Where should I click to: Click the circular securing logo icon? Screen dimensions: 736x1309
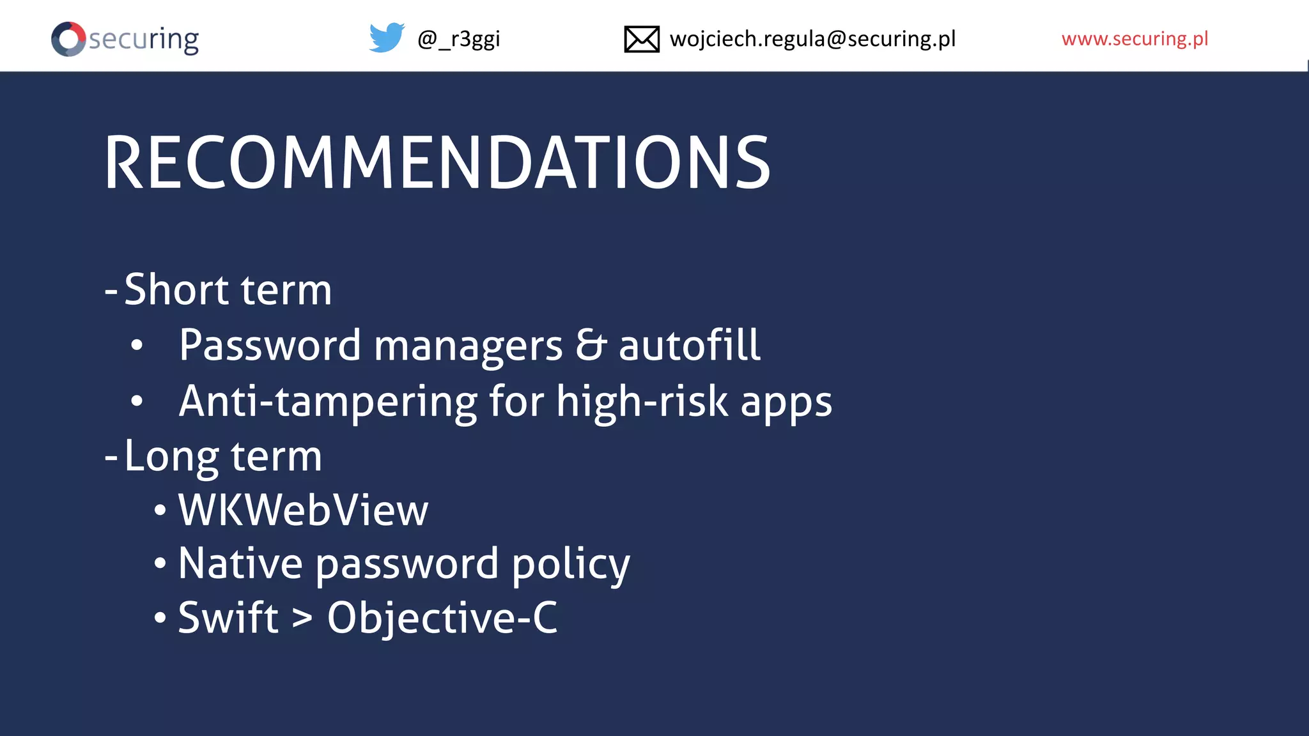(x=68, y=39)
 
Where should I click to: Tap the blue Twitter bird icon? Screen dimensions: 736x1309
(x=387, y=38)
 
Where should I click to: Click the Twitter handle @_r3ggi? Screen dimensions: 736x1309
(x=458, y=39)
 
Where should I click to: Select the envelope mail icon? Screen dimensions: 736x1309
(x=641, y=39)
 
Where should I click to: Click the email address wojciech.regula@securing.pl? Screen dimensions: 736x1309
(x=812, y=39)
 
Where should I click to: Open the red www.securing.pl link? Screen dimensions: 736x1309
(x=1135, y=39)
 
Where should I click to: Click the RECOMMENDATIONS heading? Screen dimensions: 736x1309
(x=437, y=164)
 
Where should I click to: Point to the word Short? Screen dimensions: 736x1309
(x=176, y=289)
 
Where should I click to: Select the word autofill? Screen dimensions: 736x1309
(x=689, y=346)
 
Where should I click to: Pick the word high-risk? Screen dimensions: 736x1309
(x=642, y=401)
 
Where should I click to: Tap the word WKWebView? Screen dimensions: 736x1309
(x=303, y=510)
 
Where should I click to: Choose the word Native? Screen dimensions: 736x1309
(x=240, y=563)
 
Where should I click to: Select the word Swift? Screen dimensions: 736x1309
(x=228, y=618)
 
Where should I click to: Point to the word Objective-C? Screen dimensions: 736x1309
(x=442, y=618)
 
